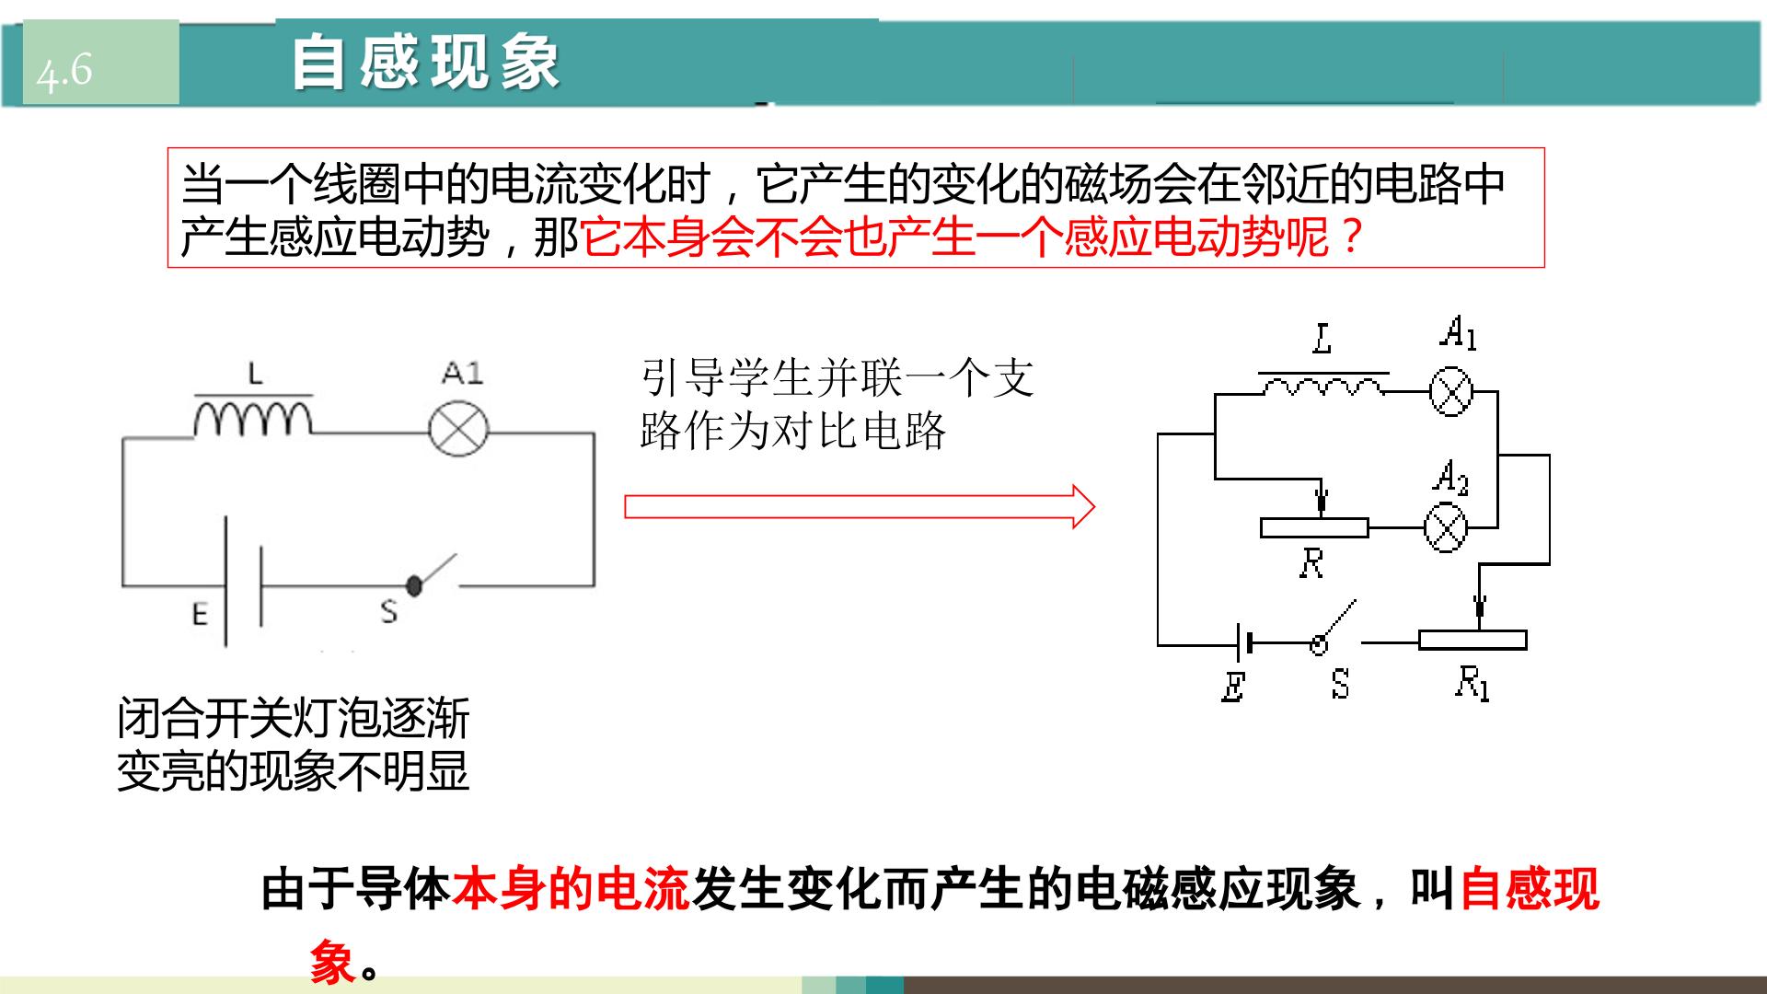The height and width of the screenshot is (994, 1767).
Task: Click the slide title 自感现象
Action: (426, 63)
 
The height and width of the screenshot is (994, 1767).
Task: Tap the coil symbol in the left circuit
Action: (253, 416)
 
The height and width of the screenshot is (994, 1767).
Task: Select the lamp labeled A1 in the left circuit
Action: (458, 431)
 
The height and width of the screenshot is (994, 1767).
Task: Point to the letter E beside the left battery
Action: (200, 613)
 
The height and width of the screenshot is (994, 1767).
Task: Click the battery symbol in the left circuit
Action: (244, 582)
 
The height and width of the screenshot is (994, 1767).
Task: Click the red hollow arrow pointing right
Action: (860, 507)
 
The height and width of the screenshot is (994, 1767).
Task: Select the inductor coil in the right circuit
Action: (1323, 387)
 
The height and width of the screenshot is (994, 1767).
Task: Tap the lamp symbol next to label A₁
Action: (1451, 392)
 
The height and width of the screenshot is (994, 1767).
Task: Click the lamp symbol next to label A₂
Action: (1445, 528)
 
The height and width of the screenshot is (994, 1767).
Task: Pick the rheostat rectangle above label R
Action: (1314, 528)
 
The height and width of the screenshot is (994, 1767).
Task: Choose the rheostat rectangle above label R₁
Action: (1472, 641)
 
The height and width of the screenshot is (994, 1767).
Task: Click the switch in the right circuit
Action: (1334, 629)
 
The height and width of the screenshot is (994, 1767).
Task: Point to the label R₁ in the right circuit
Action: (1472, 683)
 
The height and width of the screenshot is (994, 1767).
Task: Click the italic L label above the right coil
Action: (1322, 339)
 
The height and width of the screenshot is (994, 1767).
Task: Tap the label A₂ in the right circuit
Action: (1450, 479)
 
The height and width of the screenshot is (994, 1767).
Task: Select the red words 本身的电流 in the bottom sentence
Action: (571, 889)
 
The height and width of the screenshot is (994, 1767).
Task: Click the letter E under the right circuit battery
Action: (1233, 687)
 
